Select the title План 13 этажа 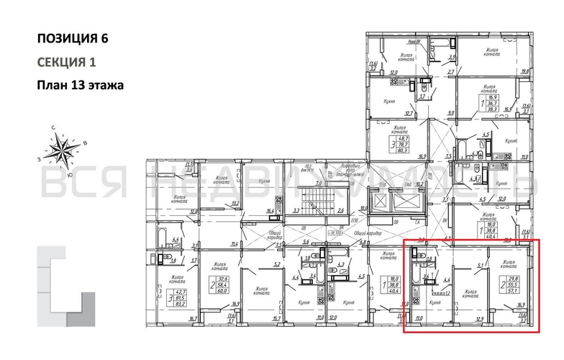tap(80, 85)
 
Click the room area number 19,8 tap(524, 71)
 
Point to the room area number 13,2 tap(235, 204)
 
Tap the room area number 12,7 tap(409, 113)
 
